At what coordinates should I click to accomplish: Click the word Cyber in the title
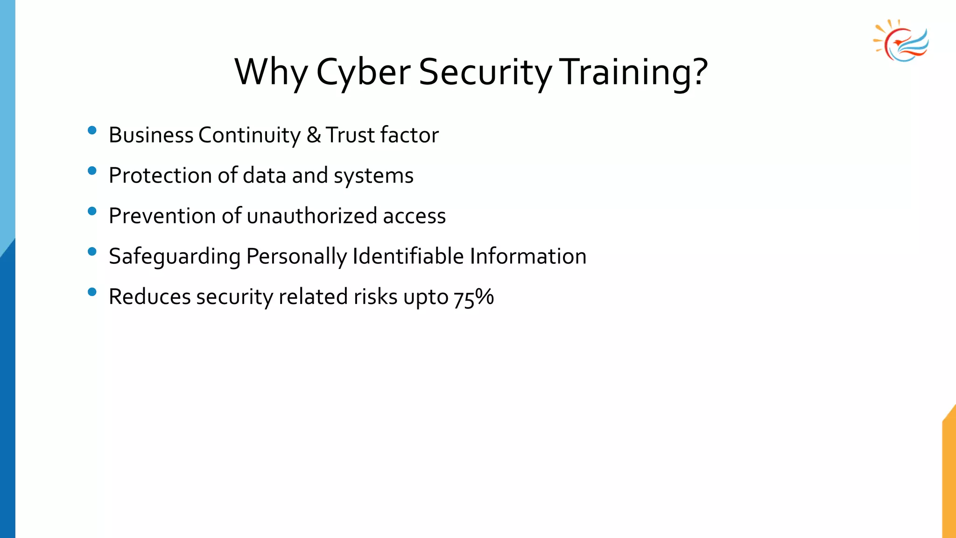[x=363, y=72]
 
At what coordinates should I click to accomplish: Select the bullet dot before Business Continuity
[x=92, y=130]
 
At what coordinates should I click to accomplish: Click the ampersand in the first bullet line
[x=314, y=135]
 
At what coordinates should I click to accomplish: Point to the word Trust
[x=350, y=135]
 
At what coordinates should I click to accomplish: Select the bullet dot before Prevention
[x=92, y=211]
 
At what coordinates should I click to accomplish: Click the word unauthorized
[x=312, y=216]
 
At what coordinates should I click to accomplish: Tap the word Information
[x=528, y=256]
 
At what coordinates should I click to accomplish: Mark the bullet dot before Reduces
[x=92, y=292]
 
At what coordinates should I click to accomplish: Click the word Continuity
[x=249, y=135]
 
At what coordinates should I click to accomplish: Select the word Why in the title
[x=271, y=72]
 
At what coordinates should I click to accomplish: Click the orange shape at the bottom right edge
[x=949, y=476]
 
